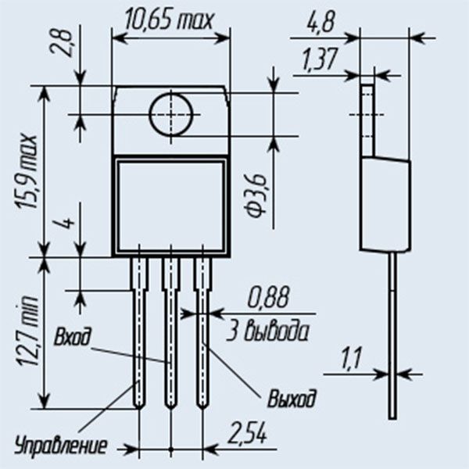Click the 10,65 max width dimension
[170, 20]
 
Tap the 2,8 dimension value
[61, 42]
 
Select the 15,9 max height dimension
[27, 172]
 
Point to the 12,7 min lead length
[27, 331]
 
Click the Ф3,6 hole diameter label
[256, 196]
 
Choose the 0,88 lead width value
[268, 297]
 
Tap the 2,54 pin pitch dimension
[247, 432]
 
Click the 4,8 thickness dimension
[320, 22]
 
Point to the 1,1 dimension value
[351, 358]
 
